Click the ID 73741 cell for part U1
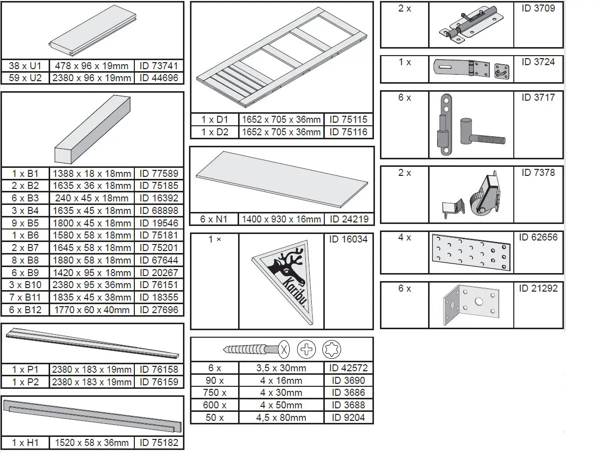click(159, 66)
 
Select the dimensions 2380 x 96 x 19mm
click(91, 78)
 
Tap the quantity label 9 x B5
click(26, 223)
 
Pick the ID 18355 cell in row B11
click(159, 297)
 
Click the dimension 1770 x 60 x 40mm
click(91, 310)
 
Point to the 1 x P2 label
click(26, 382)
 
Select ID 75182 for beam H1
click(159, 443)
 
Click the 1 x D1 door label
click(215, 120)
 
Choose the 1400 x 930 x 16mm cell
click(281, 219)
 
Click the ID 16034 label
click(348, 240)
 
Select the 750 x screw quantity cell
click(215, 393)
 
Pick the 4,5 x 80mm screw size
click(281, 417)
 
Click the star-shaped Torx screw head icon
click(331, 349)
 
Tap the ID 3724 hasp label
click(538, 62)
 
